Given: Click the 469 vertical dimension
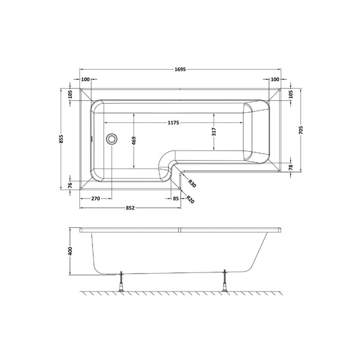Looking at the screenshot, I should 134,141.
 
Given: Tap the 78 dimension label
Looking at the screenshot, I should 291,167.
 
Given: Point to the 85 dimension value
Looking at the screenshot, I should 176,198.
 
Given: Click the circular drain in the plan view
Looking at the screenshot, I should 112,139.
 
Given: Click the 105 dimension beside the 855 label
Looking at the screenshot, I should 70,95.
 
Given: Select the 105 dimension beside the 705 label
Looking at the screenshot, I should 291,95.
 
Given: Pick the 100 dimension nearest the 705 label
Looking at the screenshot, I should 275,80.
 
